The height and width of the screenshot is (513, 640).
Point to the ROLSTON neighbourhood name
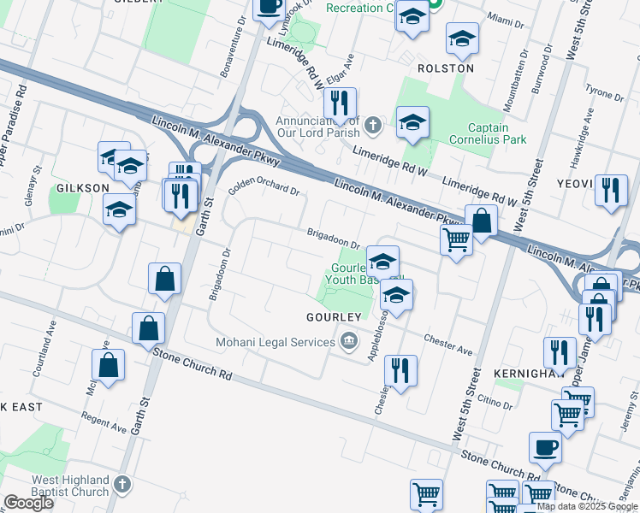445,68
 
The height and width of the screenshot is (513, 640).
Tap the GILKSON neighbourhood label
83,187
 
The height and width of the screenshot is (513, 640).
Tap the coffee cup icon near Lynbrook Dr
269,8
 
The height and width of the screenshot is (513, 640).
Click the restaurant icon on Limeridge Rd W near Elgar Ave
340,104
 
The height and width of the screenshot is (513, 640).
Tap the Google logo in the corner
28,503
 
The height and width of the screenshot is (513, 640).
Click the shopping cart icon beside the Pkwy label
456,239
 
